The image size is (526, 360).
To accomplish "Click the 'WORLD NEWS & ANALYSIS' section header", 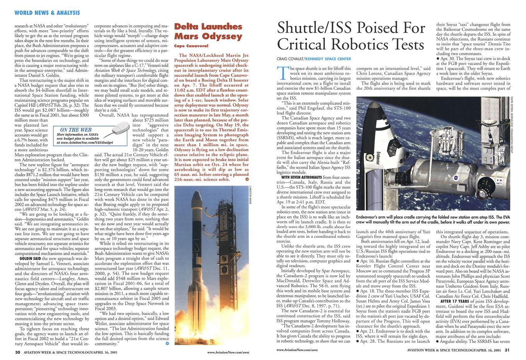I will click(47, 13).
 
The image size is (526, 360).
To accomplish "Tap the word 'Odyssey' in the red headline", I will click(222, 37).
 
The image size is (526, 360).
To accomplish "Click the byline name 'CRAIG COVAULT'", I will click(290, 59).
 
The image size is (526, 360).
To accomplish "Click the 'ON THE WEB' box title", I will click(76, 130).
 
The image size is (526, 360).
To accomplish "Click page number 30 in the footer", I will click(17, 352).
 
